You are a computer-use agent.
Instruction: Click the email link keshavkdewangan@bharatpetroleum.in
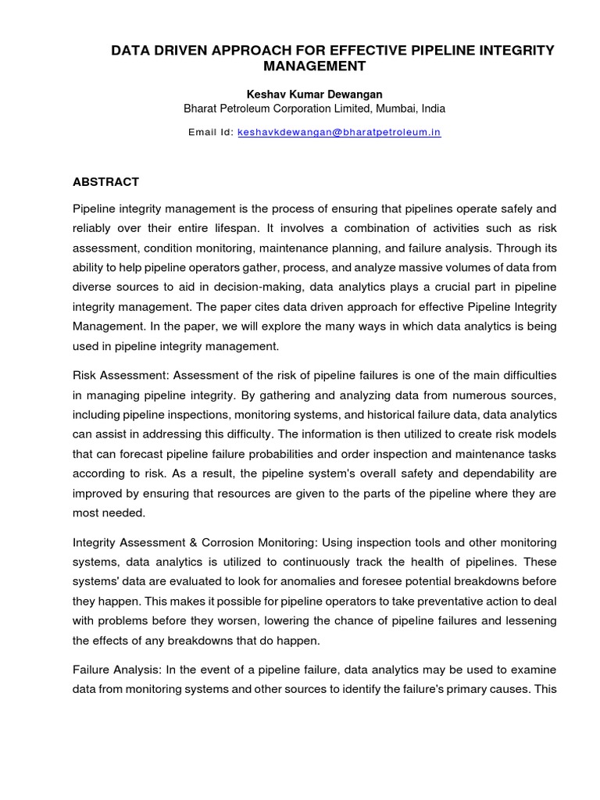[x=339, y=133]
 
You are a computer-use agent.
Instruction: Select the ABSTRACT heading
[x=105, y=182]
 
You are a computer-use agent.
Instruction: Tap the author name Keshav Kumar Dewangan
[x=314, y=94]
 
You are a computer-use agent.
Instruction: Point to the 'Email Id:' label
[x=210, y=133]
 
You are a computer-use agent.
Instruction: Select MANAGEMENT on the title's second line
[x=314, y=66]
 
